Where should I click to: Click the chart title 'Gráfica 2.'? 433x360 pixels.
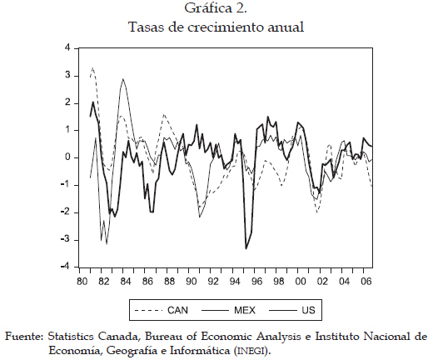point(216,8)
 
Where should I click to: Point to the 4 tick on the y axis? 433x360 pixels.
point(67,48)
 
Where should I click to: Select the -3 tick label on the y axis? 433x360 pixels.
point(66,240)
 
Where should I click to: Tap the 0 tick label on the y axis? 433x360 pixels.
point(67,157)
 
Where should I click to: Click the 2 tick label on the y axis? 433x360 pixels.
point(67,103)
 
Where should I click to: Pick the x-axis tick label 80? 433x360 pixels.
point(82,282)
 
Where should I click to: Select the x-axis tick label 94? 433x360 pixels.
point(235,282)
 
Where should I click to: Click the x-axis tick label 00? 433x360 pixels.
point(300,282)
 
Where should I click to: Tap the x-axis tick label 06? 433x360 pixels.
point(366,282)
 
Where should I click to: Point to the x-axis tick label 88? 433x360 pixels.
point(169,282)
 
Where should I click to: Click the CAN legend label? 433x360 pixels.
point(177,310)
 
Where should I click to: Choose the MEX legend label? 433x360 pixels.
point(245,310)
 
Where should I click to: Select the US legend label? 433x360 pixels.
point(308,310)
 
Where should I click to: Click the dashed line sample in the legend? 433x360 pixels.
point(148,310)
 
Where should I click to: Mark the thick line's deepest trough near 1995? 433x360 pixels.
point(246,249)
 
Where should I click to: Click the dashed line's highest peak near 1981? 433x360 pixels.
point(92,67)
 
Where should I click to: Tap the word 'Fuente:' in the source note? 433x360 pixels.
point(24,337)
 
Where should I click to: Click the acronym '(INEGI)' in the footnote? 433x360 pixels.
point(251,351)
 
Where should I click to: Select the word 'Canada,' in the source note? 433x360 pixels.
point(118,337)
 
